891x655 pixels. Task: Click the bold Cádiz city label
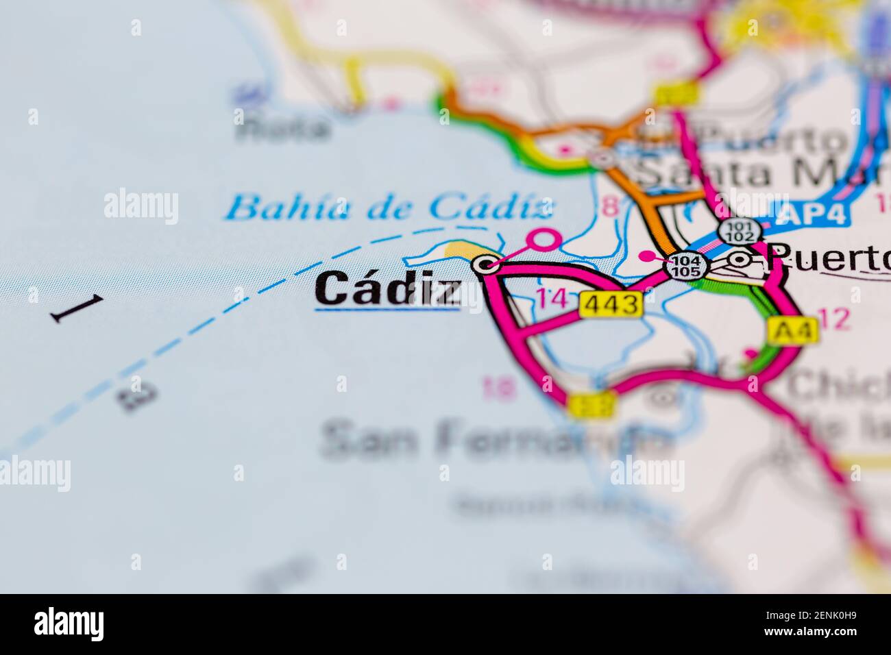pyautogui.click(x=387, y=288)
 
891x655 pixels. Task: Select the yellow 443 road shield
pyautogui.click(x=611, y=304)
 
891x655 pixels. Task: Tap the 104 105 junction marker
pyautogui.click(x=687, y=265)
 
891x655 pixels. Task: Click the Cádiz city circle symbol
pyautogui.click(x=487, y=264)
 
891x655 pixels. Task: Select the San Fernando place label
pyautogui.click(x=493, y=438)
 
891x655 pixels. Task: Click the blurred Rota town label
pyautogui.click(x=282, y=127)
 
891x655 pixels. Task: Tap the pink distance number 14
pyautogui.click(x=552, y=299)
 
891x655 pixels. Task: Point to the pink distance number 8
pyautogui.click(x=609, y=206)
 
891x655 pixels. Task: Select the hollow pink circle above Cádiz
pyautogui.click(x=546, y=239)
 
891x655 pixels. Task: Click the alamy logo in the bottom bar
pyautogui.click(x=69, y=623)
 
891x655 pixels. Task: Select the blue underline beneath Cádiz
pyautogui.click(x=387, y=310)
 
